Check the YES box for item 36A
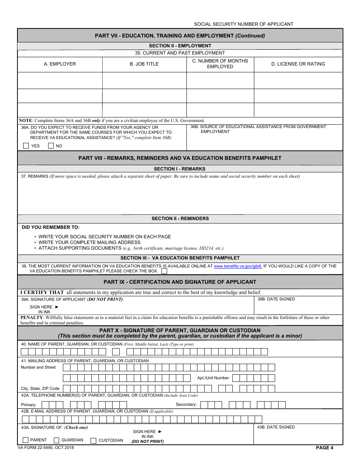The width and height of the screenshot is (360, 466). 26,145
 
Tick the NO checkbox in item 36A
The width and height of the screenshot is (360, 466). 51,145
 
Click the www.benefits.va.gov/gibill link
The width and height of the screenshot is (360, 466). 238,266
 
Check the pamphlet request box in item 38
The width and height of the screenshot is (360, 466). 164,271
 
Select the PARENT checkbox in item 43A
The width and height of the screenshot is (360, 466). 26,440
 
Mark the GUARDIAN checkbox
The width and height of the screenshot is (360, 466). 56,440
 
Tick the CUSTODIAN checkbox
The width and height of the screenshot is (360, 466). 93,440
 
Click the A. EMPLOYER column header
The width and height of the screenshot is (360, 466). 60,64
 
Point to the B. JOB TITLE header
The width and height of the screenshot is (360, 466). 144,64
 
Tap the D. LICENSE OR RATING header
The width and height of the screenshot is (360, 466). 298,64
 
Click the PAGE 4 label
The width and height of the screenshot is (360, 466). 324,448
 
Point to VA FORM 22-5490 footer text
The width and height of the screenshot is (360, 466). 45,447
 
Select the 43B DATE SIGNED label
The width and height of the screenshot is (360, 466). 276,427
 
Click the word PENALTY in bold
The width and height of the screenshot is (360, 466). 32,317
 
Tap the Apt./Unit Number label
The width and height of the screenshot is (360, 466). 213,378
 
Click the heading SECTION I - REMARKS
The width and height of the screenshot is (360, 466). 180,169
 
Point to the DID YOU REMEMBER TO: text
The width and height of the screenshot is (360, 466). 51,227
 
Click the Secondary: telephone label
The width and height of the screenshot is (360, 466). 186,404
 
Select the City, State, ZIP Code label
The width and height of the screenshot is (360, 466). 40,388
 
